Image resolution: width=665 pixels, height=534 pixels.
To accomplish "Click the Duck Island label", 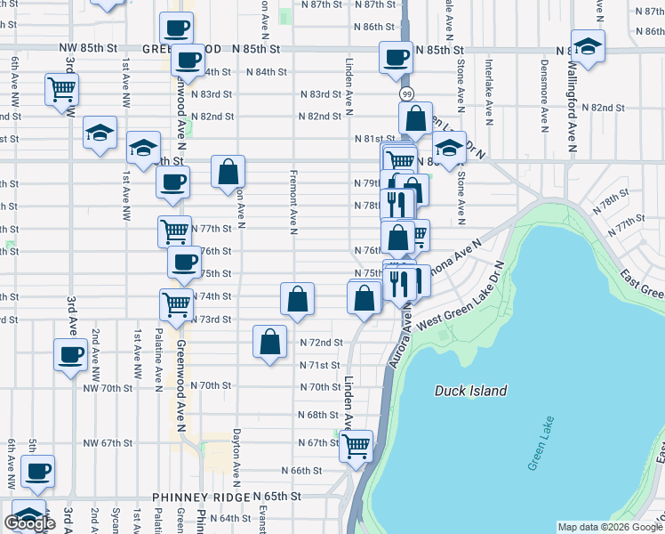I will click(x=471, y=391).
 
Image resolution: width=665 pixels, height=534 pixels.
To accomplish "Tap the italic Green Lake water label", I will click(x=541, y=443).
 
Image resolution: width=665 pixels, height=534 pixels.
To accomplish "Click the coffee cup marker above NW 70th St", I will click(x=69, y=355).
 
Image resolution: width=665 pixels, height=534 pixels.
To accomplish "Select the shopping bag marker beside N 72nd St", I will click(x=270, y=342).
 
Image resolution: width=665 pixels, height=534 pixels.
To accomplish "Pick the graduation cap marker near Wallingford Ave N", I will click(x=588, y=45).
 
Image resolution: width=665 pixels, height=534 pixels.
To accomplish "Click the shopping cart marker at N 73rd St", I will click(x=176, y=304).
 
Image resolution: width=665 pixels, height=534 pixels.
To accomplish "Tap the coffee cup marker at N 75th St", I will click(x=184, y=262).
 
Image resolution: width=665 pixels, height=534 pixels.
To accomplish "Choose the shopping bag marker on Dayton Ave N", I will click(x=228, y=171).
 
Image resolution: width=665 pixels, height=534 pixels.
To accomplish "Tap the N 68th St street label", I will click(x=317, y=415).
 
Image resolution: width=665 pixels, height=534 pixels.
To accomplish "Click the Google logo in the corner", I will click(x=31, y=523).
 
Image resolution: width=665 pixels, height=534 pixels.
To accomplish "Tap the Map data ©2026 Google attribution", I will click(x=609, y=527).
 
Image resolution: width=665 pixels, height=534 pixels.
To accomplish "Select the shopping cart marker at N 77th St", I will click(x=174, y=231).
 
